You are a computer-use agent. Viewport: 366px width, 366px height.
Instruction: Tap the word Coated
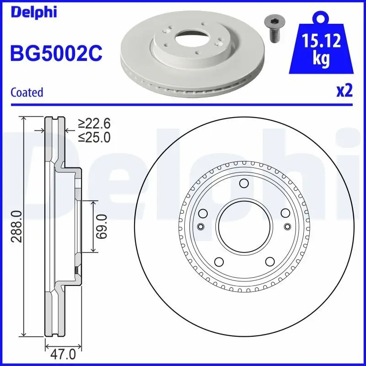(x=27, y=92)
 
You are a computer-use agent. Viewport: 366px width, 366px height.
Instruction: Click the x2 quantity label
(x=344, y=91)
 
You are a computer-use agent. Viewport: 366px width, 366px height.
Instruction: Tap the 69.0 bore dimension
(x=102, y=226)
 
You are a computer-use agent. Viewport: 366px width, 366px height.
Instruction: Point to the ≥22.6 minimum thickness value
(x=94, y=124)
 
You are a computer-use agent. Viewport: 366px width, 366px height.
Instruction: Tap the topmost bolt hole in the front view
(x=243, y=184)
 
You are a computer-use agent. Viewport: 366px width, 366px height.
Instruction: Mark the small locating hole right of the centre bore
(x=287, y=226)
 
